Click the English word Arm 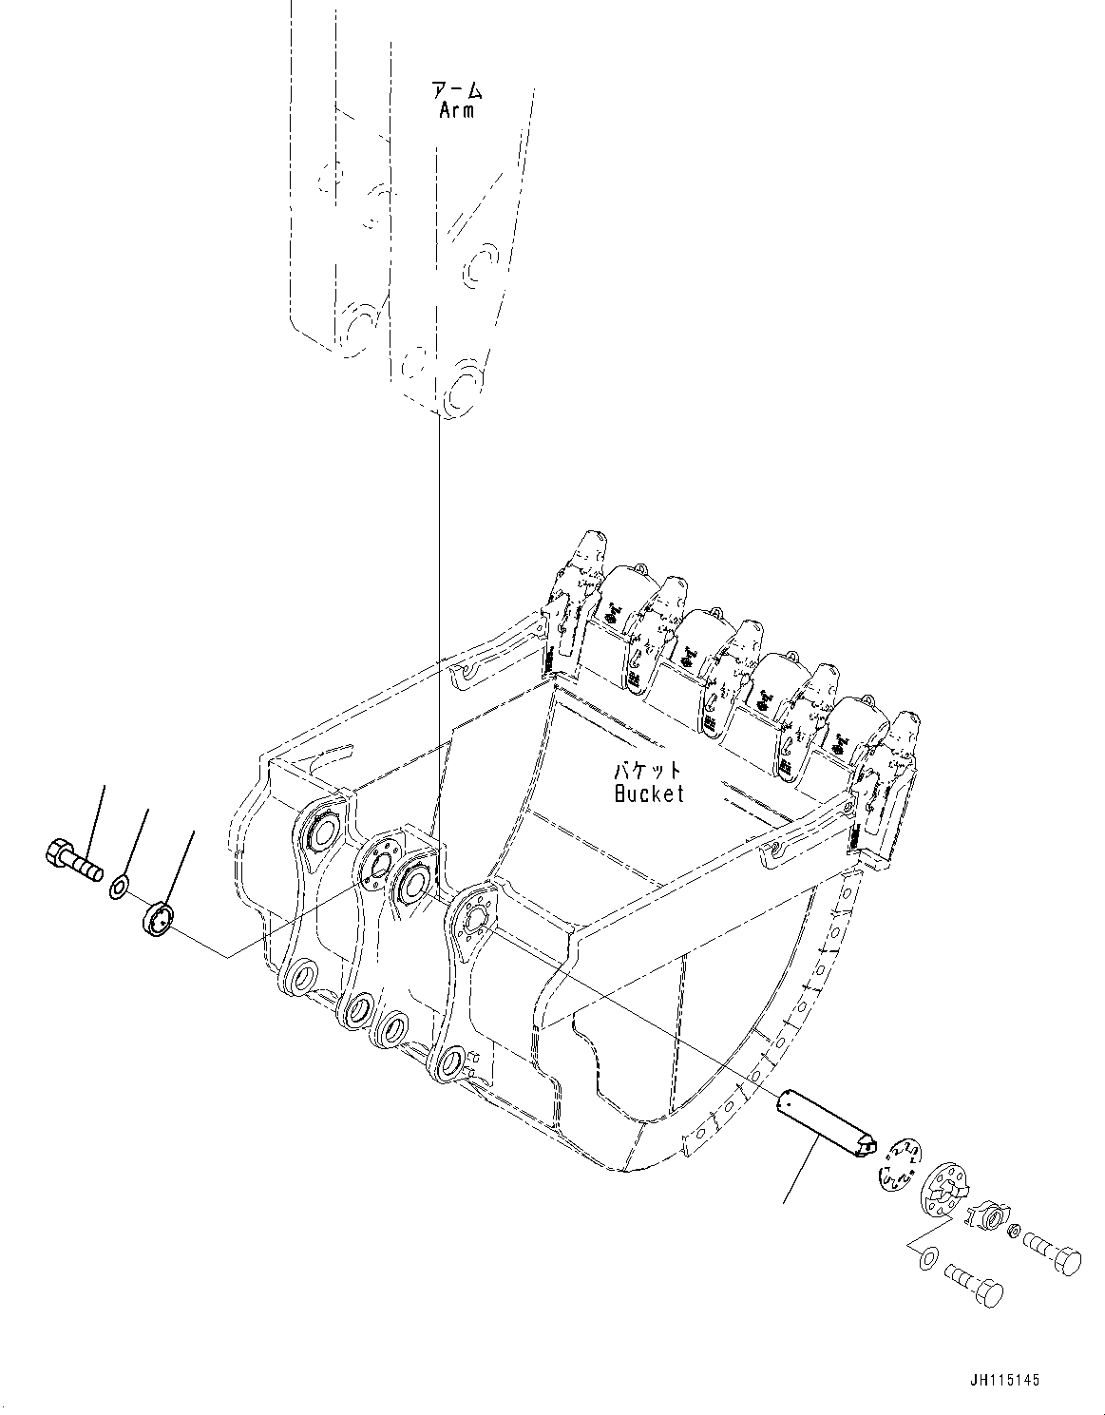coord(457,110)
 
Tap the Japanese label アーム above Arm coord(457,90)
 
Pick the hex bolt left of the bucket coord(72,859)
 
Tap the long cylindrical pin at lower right coord(822,1127)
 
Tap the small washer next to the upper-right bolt coord(1013,1233)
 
